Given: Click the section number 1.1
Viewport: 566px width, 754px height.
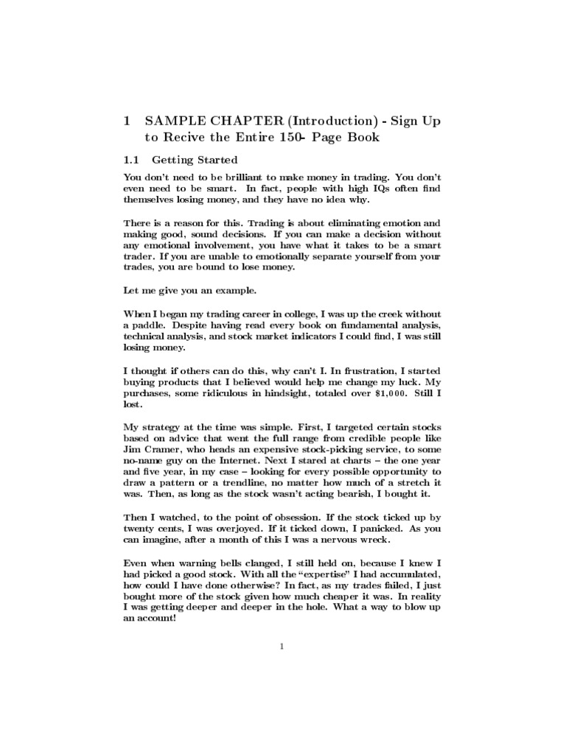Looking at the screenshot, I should coord(130,160).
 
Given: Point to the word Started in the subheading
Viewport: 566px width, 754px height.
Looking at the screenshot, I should coord(214,160).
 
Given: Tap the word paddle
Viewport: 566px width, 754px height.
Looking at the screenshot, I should coord(152,325).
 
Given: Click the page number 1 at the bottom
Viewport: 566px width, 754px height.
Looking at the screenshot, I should coord(282,647).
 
